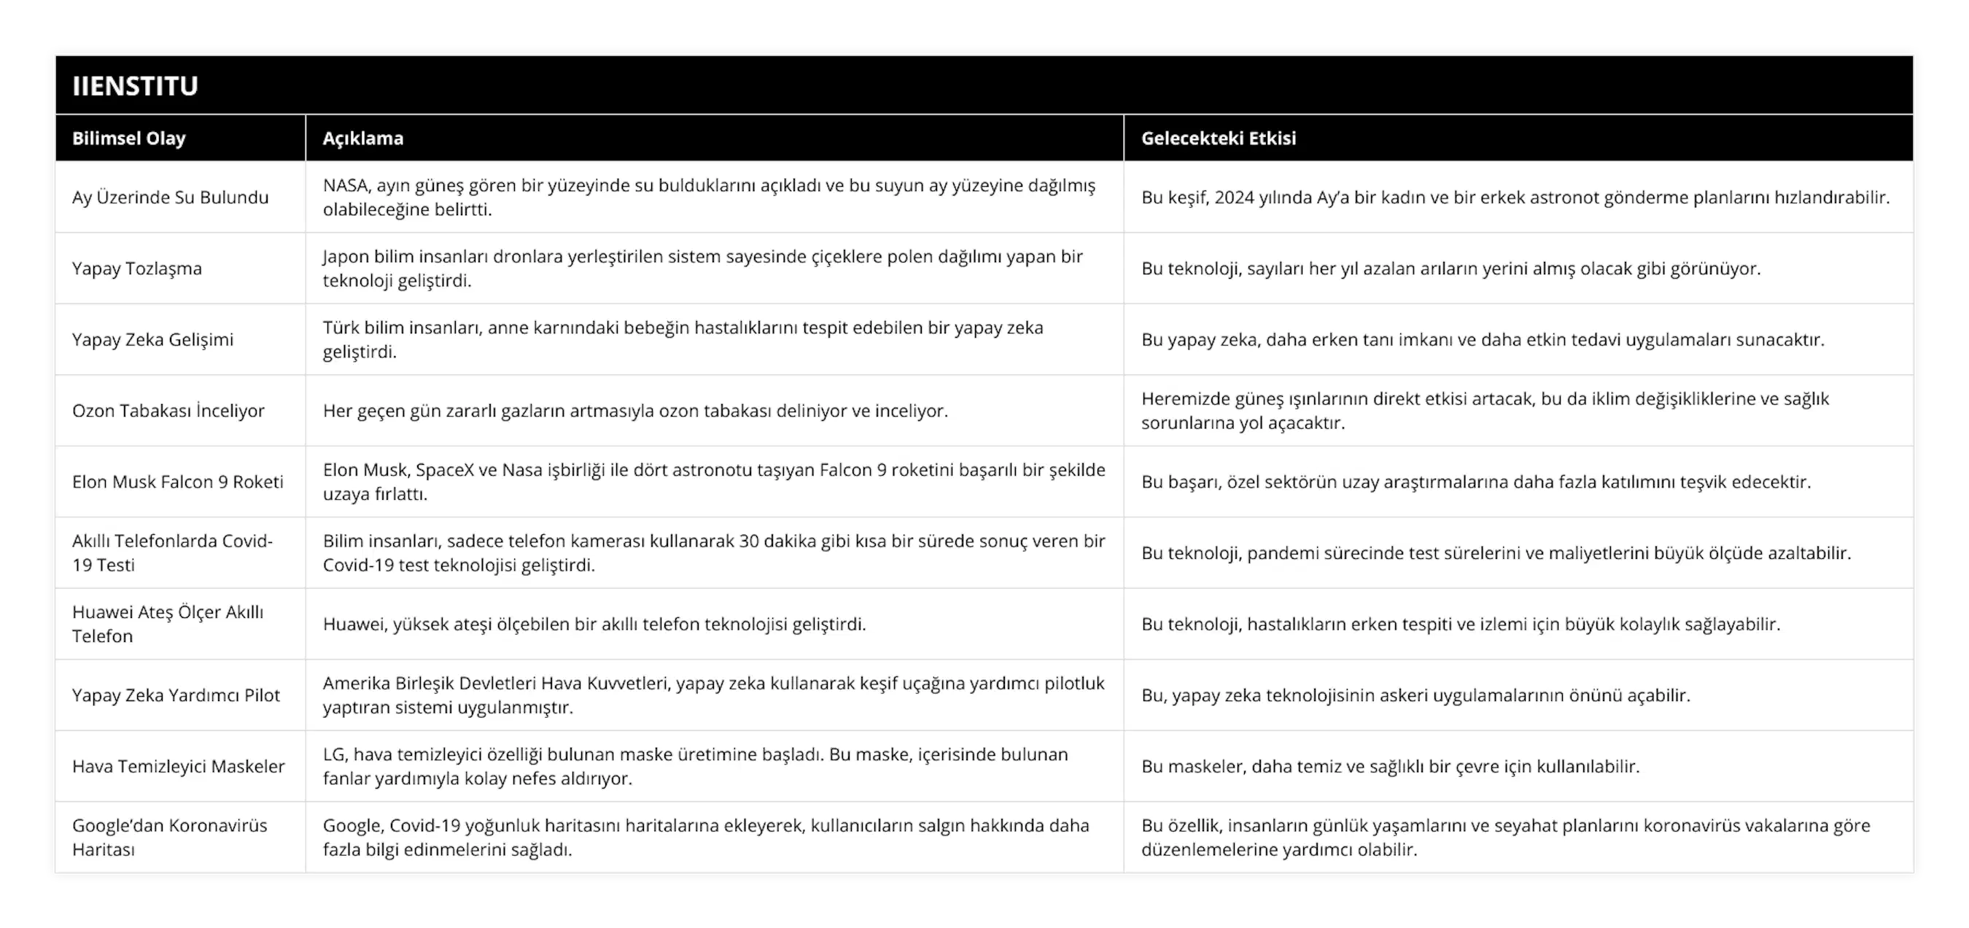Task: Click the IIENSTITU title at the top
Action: click(x=136, y=85)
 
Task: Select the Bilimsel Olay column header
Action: click(x=128, y=139)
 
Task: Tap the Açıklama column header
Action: click(x=363, y=139)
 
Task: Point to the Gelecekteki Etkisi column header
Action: click(x=1219, y=139)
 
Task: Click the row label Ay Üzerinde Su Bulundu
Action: click(x=171, y=197)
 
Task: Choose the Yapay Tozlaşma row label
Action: click(x=137, y=268)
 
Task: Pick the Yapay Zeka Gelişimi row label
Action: click(x=153, y=339)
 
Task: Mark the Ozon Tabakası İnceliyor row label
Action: click(x=168, y=411)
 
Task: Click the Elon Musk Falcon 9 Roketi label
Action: click(x=177, y=482)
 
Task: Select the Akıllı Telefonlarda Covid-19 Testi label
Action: click(x=172, y=553)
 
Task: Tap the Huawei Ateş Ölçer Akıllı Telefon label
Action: click(x=168, y=624)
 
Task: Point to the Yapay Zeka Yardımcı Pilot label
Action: click(x=176, y=695)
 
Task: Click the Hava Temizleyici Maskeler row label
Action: click(x=178, y=766)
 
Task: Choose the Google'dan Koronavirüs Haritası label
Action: click(x=170, y=837)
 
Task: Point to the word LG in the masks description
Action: click(x=334, y=754)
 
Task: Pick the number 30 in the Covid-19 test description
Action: click(x=747, y=541)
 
